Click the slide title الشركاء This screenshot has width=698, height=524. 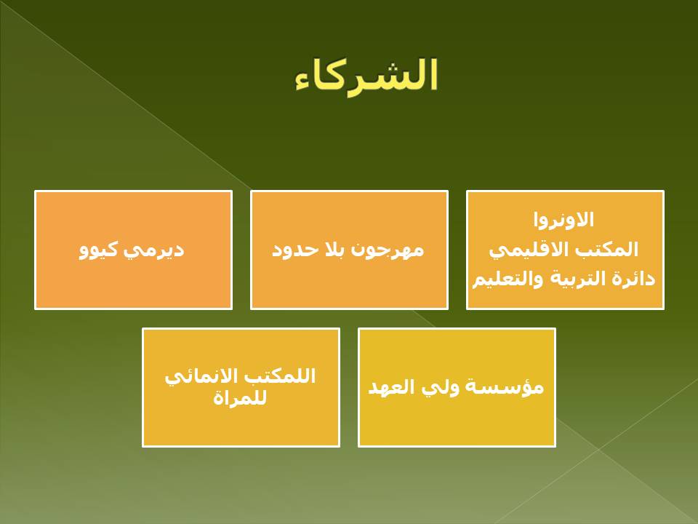tap(366, 76)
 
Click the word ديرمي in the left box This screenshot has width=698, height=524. tap(153, 250)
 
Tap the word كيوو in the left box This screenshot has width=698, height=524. tap(99, 250)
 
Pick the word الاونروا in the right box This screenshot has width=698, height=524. tap(563, 220)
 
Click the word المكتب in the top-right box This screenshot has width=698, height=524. tap(613, 249)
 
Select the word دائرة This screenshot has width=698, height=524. tap(635, 279)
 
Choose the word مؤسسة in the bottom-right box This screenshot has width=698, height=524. tap(505, 386)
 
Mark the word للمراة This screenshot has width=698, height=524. tap(240, 397)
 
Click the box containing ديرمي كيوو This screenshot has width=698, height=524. tap(134, 250)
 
